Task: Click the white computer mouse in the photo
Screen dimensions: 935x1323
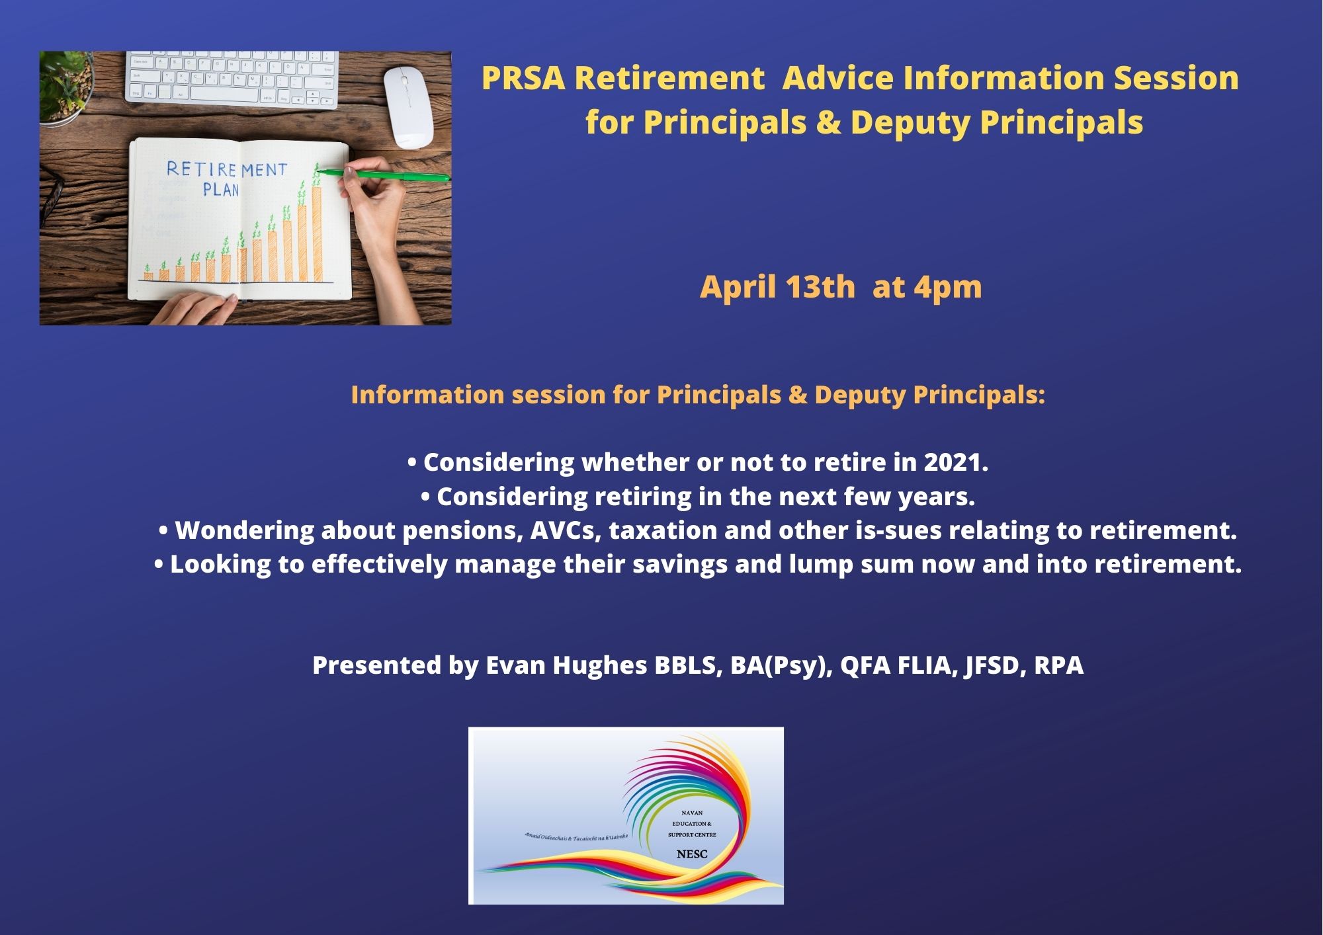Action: coord(409,108)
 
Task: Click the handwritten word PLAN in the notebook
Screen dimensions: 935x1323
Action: coord(221,190)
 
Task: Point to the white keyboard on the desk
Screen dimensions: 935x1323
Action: coord(232,79)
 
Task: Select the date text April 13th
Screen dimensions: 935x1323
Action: coord(777,287)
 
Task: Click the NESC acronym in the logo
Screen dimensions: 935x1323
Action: coord(692,854)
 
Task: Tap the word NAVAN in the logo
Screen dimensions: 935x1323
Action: coord(692,813)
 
